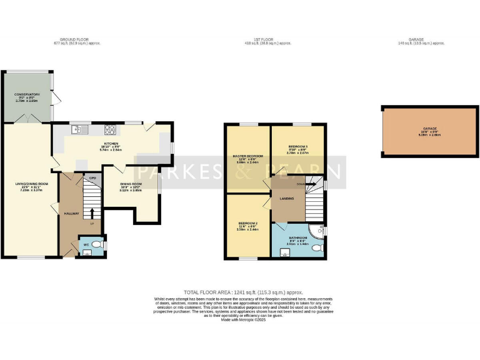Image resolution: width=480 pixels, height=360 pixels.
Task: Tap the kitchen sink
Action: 77,130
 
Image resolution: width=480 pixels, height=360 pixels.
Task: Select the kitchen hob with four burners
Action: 110,130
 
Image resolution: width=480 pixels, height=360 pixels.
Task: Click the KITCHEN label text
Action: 111,143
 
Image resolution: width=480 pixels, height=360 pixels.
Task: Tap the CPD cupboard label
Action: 92,178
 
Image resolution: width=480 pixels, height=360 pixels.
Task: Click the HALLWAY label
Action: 71,214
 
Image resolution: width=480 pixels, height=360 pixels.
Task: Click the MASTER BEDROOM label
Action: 247,156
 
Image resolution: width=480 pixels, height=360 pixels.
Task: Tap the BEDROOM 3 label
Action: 297,146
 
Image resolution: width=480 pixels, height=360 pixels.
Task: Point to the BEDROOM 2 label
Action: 247,223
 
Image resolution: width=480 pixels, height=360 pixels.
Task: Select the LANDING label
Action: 287,199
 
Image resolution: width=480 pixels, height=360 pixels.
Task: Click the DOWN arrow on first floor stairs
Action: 301,184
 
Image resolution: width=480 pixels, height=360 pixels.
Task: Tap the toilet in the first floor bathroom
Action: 317,247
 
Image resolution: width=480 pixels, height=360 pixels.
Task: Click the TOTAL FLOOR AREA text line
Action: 243,292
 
